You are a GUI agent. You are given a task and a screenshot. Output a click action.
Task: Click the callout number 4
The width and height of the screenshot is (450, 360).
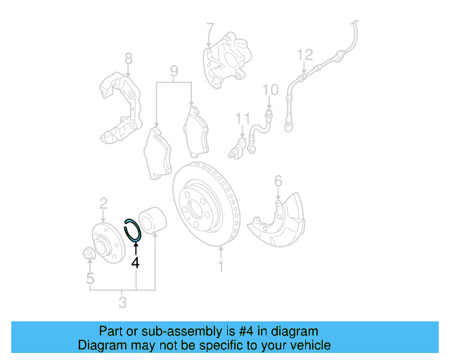135,262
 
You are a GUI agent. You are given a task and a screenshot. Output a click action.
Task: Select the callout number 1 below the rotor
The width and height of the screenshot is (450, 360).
221,266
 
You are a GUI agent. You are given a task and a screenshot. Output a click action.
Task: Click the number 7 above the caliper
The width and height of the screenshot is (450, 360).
210,30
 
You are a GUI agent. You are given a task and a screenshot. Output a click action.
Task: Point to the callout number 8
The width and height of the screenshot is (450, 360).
128,58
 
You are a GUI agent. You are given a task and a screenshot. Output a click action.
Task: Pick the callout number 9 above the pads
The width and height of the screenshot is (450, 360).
174,71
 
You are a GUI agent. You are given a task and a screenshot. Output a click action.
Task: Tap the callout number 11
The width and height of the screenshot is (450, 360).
243,117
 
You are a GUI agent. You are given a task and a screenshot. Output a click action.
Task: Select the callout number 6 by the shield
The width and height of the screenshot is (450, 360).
278,182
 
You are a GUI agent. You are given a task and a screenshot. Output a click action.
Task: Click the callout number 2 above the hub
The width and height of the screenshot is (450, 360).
103,203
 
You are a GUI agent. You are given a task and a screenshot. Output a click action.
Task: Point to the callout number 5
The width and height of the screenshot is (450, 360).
90,279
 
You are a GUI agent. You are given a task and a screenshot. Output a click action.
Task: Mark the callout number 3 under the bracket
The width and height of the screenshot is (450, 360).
122,303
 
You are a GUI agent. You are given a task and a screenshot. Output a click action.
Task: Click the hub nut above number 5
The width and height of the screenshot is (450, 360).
89,253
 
